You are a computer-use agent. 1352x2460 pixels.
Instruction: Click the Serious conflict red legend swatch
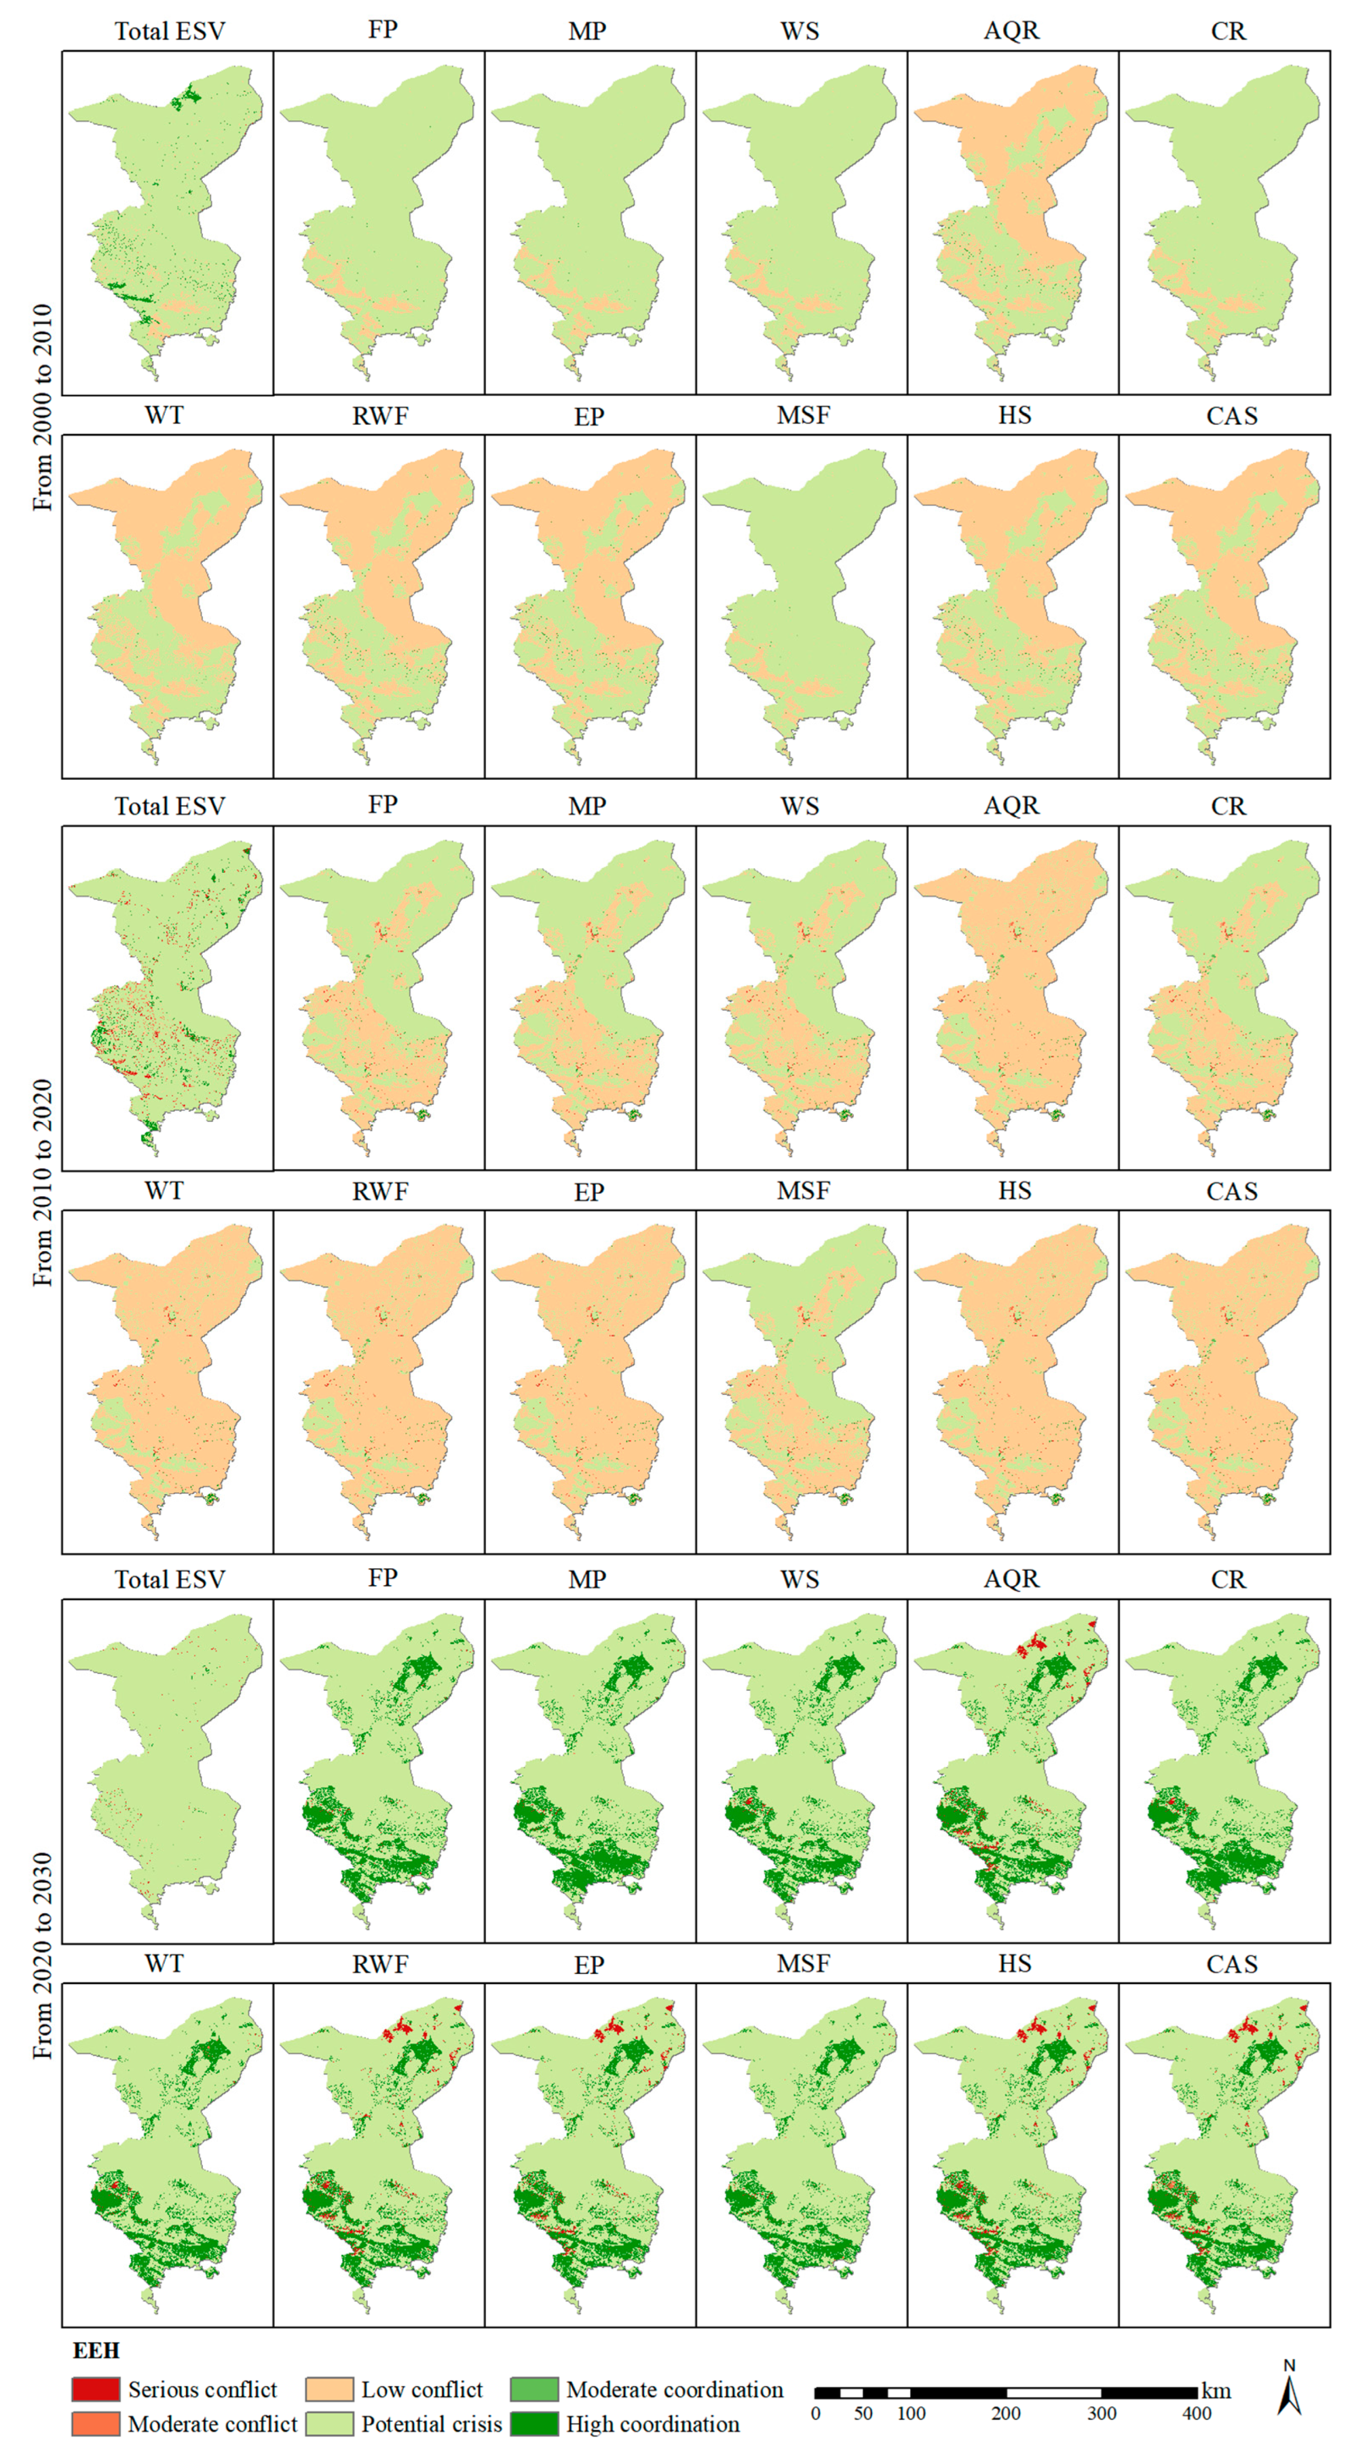pos(96,2389)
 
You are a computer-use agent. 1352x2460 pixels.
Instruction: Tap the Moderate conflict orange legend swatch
pos(96,2424)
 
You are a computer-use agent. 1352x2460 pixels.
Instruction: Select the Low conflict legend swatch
pos(329,2389)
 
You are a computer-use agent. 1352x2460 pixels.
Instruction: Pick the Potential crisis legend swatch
pos(329,2424)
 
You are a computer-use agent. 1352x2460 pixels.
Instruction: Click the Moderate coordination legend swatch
pos(534,2389)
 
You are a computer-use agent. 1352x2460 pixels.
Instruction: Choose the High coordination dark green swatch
pos(534,2424)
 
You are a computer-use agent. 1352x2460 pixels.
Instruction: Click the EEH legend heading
pos(96,2350)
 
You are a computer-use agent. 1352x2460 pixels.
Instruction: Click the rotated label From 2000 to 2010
pos(43,408)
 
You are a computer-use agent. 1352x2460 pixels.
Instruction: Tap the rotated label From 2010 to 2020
pos(43,1183)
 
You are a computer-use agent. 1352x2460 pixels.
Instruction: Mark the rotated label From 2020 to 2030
pos(43,1956)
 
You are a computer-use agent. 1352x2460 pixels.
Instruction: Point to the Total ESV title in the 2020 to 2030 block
pos(170,1580)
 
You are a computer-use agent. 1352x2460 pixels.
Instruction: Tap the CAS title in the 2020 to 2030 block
pos(1232,1964)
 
